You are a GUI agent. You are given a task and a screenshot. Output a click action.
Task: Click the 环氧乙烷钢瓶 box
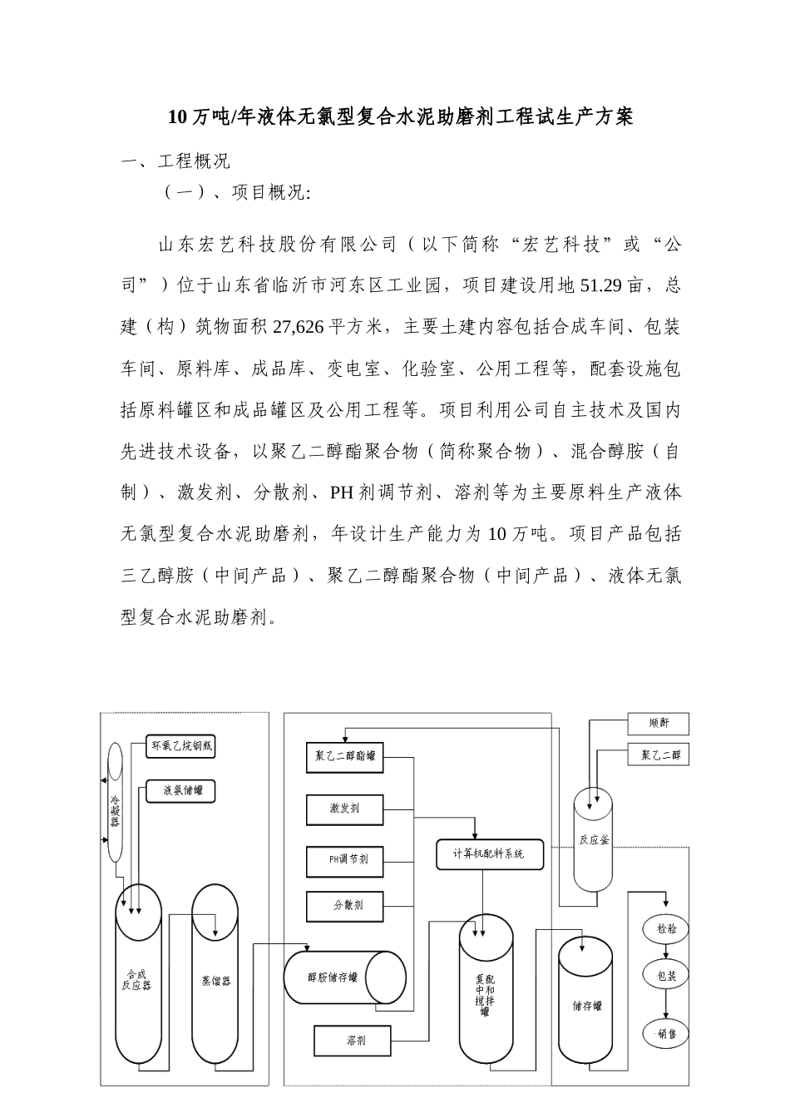[x=180, y=746]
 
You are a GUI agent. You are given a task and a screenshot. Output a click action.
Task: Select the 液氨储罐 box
[x=180, y=790]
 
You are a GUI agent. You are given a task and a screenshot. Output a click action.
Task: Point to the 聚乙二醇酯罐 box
[x=345, y=757]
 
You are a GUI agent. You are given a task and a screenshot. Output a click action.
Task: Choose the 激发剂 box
[x=345, y=808]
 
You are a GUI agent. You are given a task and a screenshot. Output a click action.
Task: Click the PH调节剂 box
[x=345, y=859]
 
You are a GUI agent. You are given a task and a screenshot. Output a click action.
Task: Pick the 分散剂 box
[x=345, y=905]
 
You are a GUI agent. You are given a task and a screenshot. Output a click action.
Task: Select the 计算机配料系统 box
[x=489, y=854]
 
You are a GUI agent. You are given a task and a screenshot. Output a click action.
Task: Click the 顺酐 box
[x=659, y=724]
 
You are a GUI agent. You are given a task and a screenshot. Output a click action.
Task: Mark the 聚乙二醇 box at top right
[x=659, y=754]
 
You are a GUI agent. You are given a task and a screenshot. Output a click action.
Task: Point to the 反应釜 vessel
[x=594, y=840]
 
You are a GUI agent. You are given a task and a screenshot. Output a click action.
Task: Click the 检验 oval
[x=666, y=929]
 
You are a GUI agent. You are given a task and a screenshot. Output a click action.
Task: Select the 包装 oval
[x=666, y=975]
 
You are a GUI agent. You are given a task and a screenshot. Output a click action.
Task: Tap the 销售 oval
[x=666, y=1035]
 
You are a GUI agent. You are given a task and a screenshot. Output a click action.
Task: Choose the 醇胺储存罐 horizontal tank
[x=343, y=977]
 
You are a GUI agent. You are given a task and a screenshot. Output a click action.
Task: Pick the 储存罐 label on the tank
[x=586, y=1006]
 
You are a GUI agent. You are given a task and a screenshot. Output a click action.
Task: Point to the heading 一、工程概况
[x=175, y=161]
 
